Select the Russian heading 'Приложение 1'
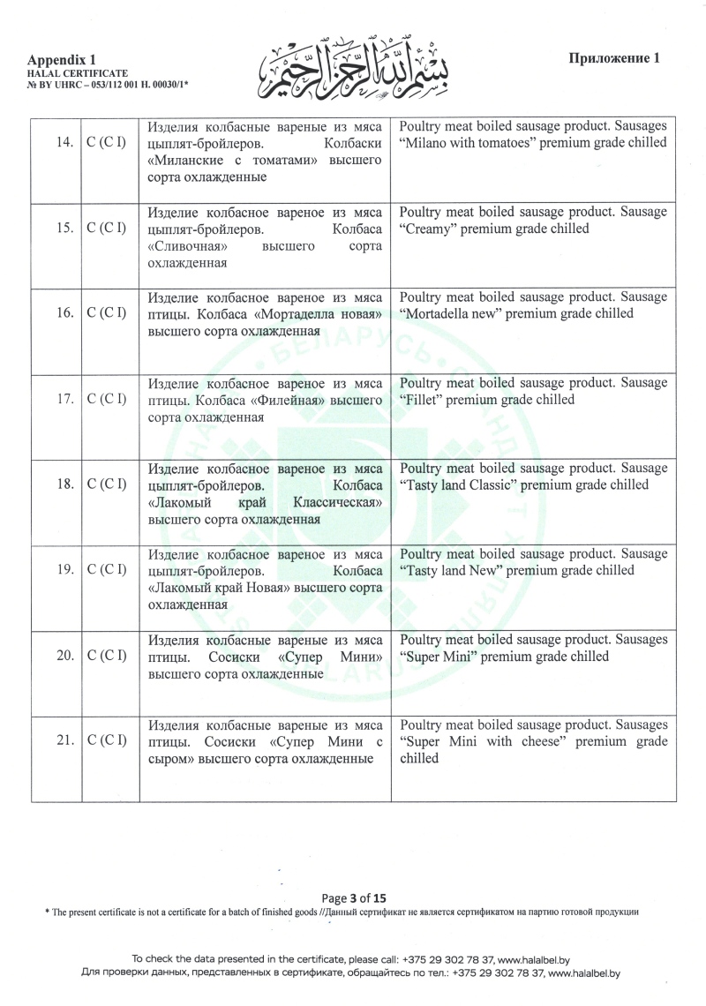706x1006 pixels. pos(615,58)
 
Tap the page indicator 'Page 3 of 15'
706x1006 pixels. pos(354,893)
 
